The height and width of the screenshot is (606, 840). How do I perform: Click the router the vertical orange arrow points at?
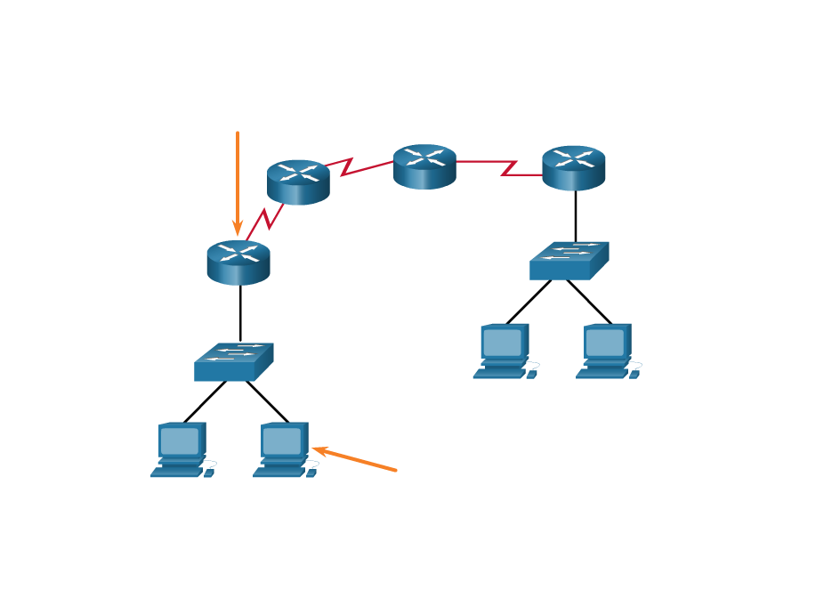click(x=238, y=262)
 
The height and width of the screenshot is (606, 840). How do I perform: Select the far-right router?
click(x=573, y=167)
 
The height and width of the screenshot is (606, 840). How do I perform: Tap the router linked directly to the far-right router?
click(x=424, y=166)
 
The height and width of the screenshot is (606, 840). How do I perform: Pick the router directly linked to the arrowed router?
click(x=298, y=182)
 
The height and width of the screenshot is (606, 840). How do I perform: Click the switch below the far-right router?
click(x=569, y=261)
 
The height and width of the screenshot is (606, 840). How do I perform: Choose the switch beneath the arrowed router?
click(x=233, y=362)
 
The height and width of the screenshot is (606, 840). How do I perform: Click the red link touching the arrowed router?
click(x=266, y=219)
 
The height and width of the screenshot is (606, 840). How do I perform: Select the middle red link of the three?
click(x=359, y=166)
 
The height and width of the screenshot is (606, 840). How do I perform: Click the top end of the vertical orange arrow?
click(x=238, y=133)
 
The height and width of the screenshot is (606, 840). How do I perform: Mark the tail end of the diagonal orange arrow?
click(x=395, y=470)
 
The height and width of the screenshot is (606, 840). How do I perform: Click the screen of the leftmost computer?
click(x=180, y=440)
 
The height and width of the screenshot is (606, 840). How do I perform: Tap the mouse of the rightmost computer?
click(x=634, y=374)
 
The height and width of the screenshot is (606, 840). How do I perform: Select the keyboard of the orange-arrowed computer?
click(x=279, y=473)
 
